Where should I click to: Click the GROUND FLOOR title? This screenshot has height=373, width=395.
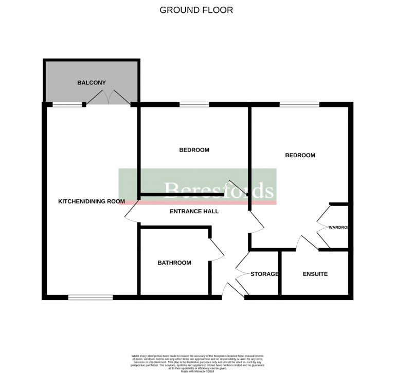pos(196,10)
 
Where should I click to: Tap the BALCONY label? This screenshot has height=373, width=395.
pos(92,82)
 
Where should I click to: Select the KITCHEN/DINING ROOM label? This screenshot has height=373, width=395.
pos(92,201)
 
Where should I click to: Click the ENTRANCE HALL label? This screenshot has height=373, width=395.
pos(194,211)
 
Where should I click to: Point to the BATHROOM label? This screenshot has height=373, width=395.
pos(174,263)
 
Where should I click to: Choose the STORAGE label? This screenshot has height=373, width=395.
pos(264,274)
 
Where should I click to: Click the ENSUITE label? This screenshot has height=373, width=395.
pos(315,274)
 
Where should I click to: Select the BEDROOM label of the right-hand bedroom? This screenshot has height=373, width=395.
pos(300,155)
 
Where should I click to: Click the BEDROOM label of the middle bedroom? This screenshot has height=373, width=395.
pos(194,150)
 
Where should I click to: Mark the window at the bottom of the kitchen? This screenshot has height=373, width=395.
pos(91,297)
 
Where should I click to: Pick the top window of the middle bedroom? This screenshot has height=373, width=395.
pos(194,104)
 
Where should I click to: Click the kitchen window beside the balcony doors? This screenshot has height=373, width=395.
pos(68,104)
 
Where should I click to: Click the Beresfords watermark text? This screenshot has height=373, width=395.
pos(218,190)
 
